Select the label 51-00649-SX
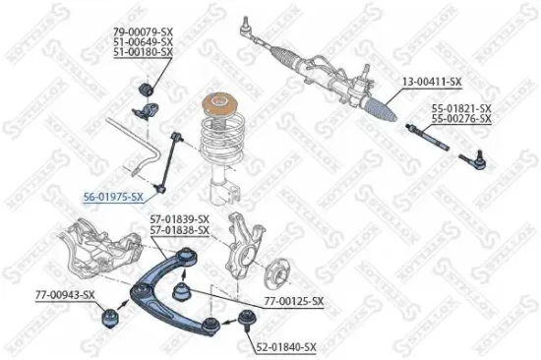click(145, 43)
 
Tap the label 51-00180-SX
click(145, 52)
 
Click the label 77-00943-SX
click(65, 294)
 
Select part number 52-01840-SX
click(288, 346)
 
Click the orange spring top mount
click(219, 105)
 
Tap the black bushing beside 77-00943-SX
click(110, 318)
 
